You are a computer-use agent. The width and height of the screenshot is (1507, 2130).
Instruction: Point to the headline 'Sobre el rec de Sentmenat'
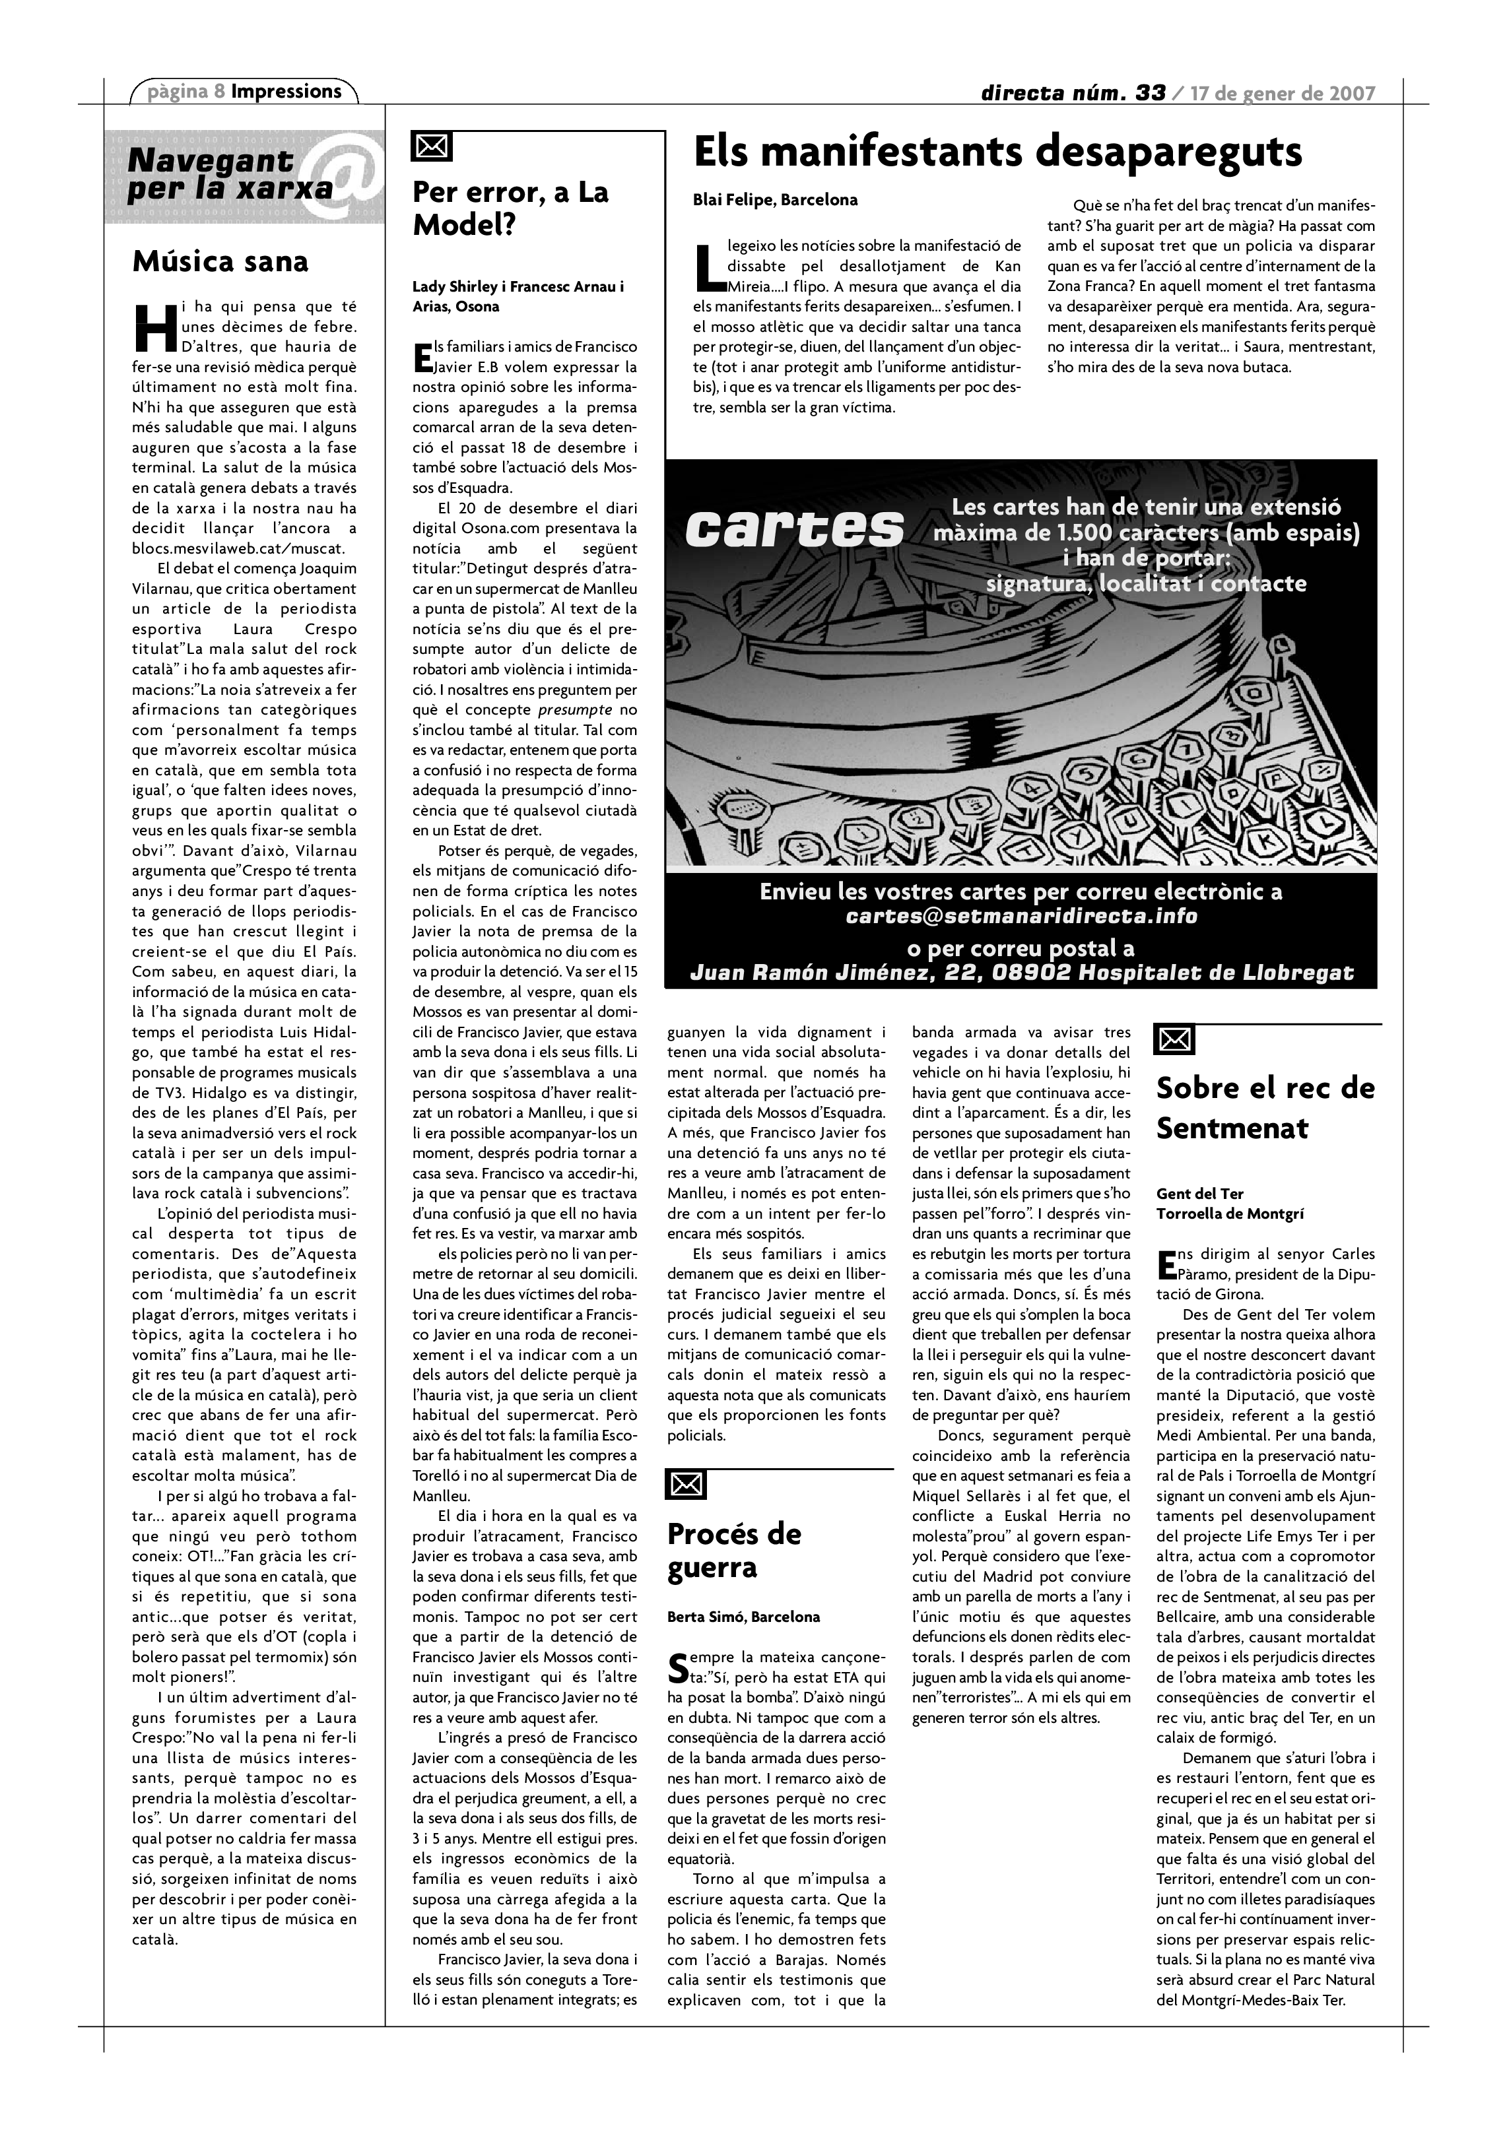pyautogui.click(x=1265, y=1108)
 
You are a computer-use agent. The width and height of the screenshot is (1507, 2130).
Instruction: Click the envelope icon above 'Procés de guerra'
pyautogui.click(x=686, y=1484)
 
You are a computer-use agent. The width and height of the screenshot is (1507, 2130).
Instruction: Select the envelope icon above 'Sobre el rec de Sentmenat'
pyautogui.click(x=1174, y=1040)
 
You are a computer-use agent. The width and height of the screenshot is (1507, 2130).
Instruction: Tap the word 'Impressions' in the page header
pyautogui.click(x=286, y=91)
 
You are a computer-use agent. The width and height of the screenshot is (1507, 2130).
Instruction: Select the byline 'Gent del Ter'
pyautogui.click(x=1199, y=1194)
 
